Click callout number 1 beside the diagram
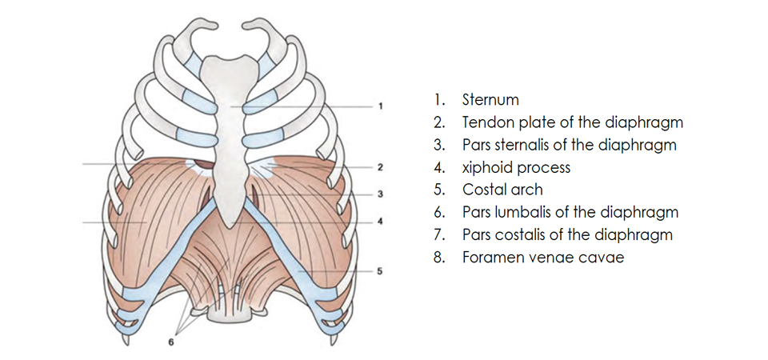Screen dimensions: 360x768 coord(382,106)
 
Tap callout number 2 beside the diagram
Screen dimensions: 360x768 coord(382,168)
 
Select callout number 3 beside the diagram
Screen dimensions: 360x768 coord(382,194)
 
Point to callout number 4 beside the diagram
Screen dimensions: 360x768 coord(382,221)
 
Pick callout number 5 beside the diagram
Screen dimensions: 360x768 coord(381,272)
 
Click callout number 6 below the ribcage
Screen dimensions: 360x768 coord(170,342)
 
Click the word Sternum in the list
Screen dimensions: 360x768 coord(490,100)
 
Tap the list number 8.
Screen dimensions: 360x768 coord(438,258)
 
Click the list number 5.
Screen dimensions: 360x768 coord(438,190)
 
